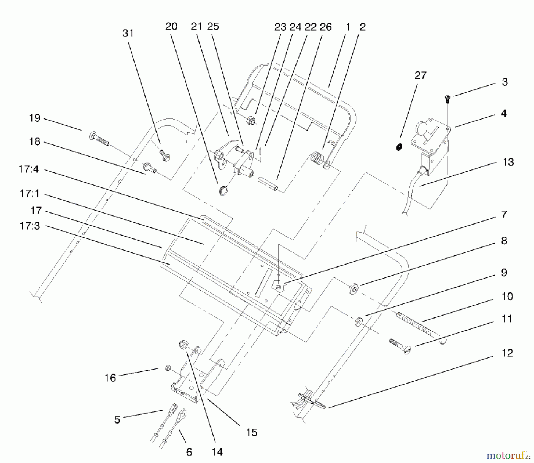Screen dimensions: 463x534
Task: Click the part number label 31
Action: point(128,34)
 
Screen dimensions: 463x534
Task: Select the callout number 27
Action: point(420,76)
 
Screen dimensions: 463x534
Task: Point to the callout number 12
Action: point(507,353)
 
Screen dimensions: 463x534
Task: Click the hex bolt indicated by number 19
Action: point(98,140)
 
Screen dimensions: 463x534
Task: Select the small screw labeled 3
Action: point(448,99)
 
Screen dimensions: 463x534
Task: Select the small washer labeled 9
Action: point(359,322)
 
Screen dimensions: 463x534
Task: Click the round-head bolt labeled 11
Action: point(401,347)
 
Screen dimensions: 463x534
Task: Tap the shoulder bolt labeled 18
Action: point(151,168)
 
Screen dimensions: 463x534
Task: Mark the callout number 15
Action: point(251,432)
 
